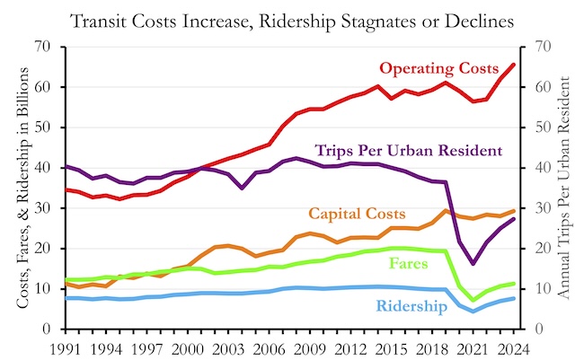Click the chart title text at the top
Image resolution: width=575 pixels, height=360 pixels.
tap(287, 18)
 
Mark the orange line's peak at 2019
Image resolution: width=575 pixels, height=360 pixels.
tap(446, 211)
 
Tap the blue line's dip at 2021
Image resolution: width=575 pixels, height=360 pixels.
tap(473, 311)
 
